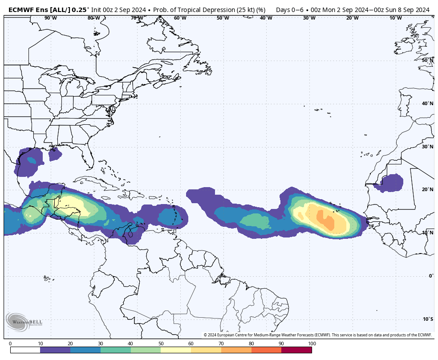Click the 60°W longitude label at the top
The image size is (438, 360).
point(180,18)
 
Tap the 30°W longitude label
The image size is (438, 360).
point(309,18)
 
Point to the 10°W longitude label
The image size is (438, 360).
point(396,18)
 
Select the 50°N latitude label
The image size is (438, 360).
point(427,60)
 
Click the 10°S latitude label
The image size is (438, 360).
point(427,319)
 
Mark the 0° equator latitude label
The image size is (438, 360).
point(430,276)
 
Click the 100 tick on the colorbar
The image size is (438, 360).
point(312,344)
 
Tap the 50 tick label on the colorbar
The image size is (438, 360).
point(161,344)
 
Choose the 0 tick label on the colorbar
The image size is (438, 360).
point(10,344)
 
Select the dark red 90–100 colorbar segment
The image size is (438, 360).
point(296,350)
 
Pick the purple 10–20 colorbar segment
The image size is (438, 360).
point(55,350)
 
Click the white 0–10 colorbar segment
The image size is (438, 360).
point(25,350)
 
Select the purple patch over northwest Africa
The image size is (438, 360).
point(389,183)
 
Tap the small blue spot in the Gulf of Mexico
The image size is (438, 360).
point(32,160)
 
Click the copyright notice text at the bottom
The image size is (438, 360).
point(317,335)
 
